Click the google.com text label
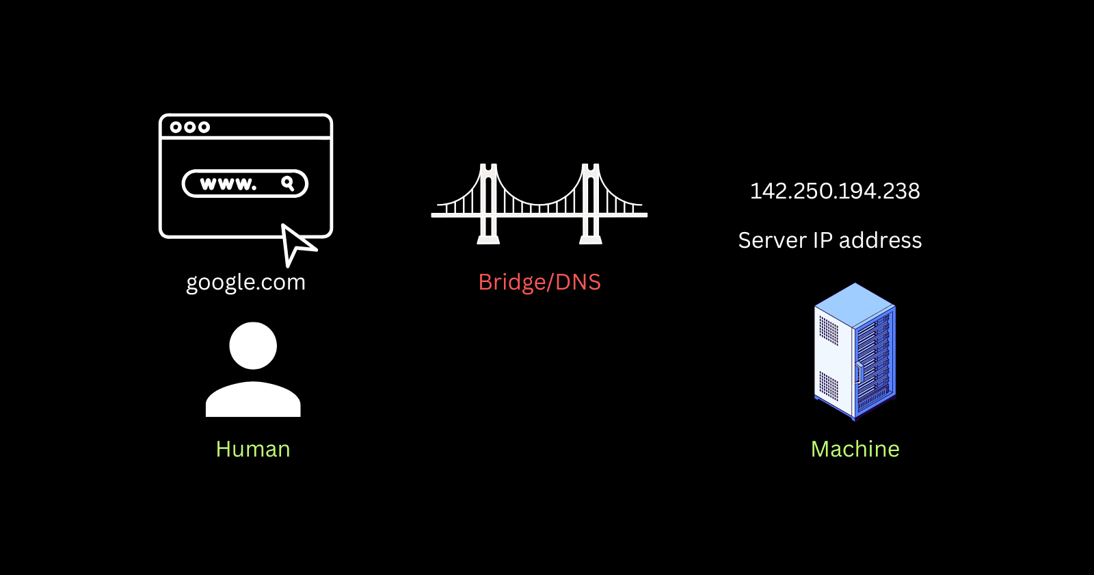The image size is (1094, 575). (245, 282)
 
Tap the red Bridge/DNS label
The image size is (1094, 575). (539, 282)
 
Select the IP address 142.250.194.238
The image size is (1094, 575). (835, 191)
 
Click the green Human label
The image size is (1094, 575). (253, 449)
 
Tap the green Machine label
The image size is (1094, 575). (855, 449)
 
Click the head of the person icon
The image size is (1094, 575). (253, 346)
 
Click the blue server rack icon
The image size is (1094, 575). (855, 351)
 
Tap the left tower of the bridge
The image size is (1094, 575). (488, 203)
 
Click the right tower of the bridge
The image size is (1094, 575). (591, 203)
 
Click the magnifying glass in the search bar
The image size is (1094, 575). (288, 183)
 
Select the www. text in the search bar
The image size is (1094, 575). (228, 183)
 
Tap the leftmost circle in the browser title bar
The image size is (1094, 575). (176, 127)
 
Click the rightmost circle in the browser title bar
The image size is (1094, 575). (204, 127)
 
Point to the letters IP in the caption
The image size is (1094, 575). (823, 241)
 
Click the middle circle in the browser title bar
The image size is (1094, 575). (190, 127)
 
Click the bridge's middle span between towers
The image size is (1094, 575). (539, 209)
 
